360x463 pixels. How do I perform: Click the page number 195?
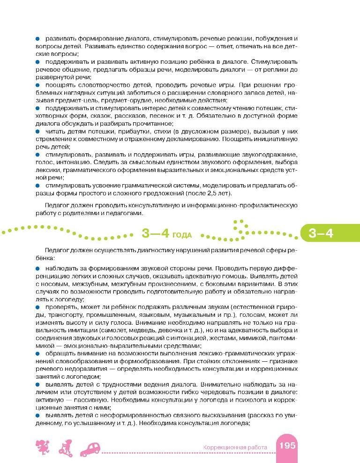(287, 445)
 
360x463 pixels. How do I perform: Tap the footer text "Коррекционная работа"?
(235, 448)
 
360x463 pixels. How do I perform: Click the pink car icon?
(93, 448)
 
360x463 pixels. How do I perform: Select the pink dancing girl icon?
(42, 447)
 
